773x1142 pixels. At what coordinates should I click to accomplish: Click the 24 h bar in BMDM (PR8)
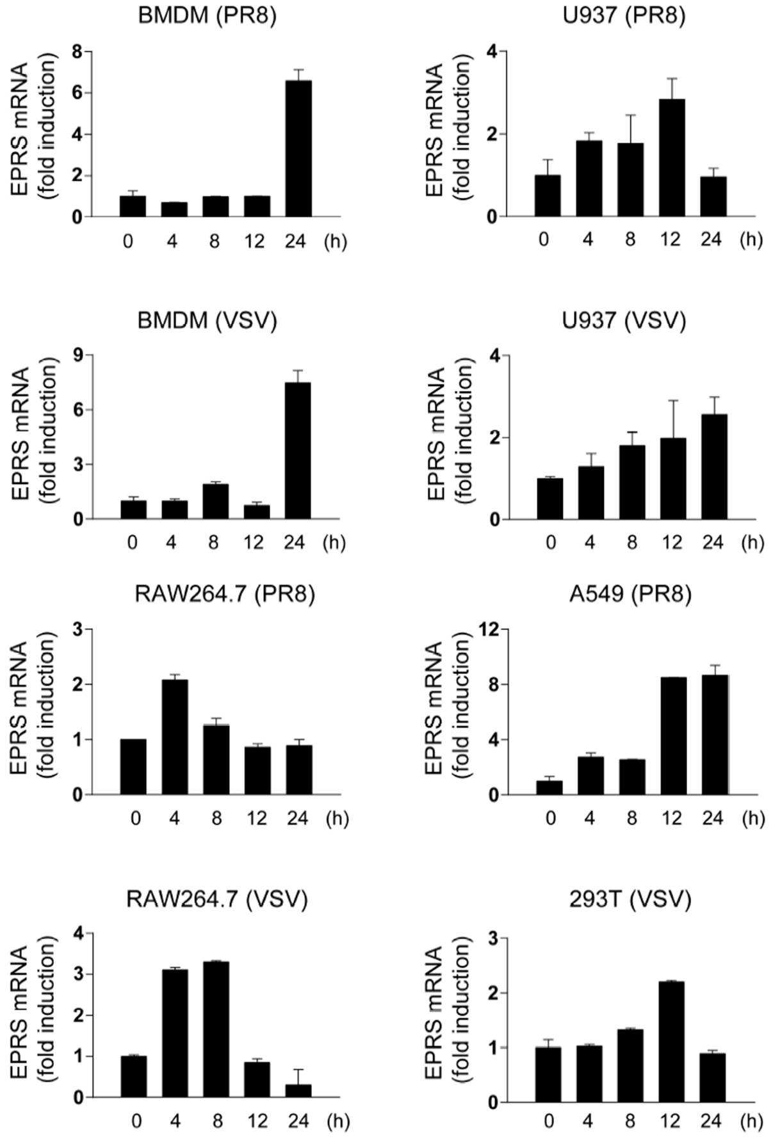coord(298,149)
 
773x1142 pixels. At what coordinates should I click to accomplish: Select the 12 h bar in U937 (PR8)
coord(672,158)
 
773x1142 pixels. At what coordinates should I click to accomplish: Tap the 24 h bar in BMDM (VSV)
coord(298,451)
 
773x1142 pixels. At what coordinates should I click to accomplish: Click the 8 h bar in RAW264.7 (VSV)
coord(216,1029)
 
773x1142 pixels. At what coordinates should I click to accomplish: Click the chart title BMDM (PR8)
coord(207,17)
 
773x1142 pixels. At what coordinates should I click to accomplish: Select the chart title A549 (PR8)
coord(630,595)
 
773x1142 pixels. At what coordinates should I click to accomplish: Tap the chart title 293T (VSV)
coord(630,900)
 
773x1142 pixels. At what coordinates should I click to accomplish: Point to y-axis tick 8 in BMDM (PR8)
coord(77,51)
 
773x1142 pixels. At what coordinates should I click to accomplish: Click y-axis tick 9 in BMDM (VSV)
coord(77,355)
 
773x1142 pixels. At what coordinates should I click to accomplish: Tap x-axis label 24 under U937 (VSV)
coord(712,543)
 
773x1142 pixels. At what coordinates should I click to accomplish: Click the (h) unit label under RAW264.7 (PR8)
coord(337,819)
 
